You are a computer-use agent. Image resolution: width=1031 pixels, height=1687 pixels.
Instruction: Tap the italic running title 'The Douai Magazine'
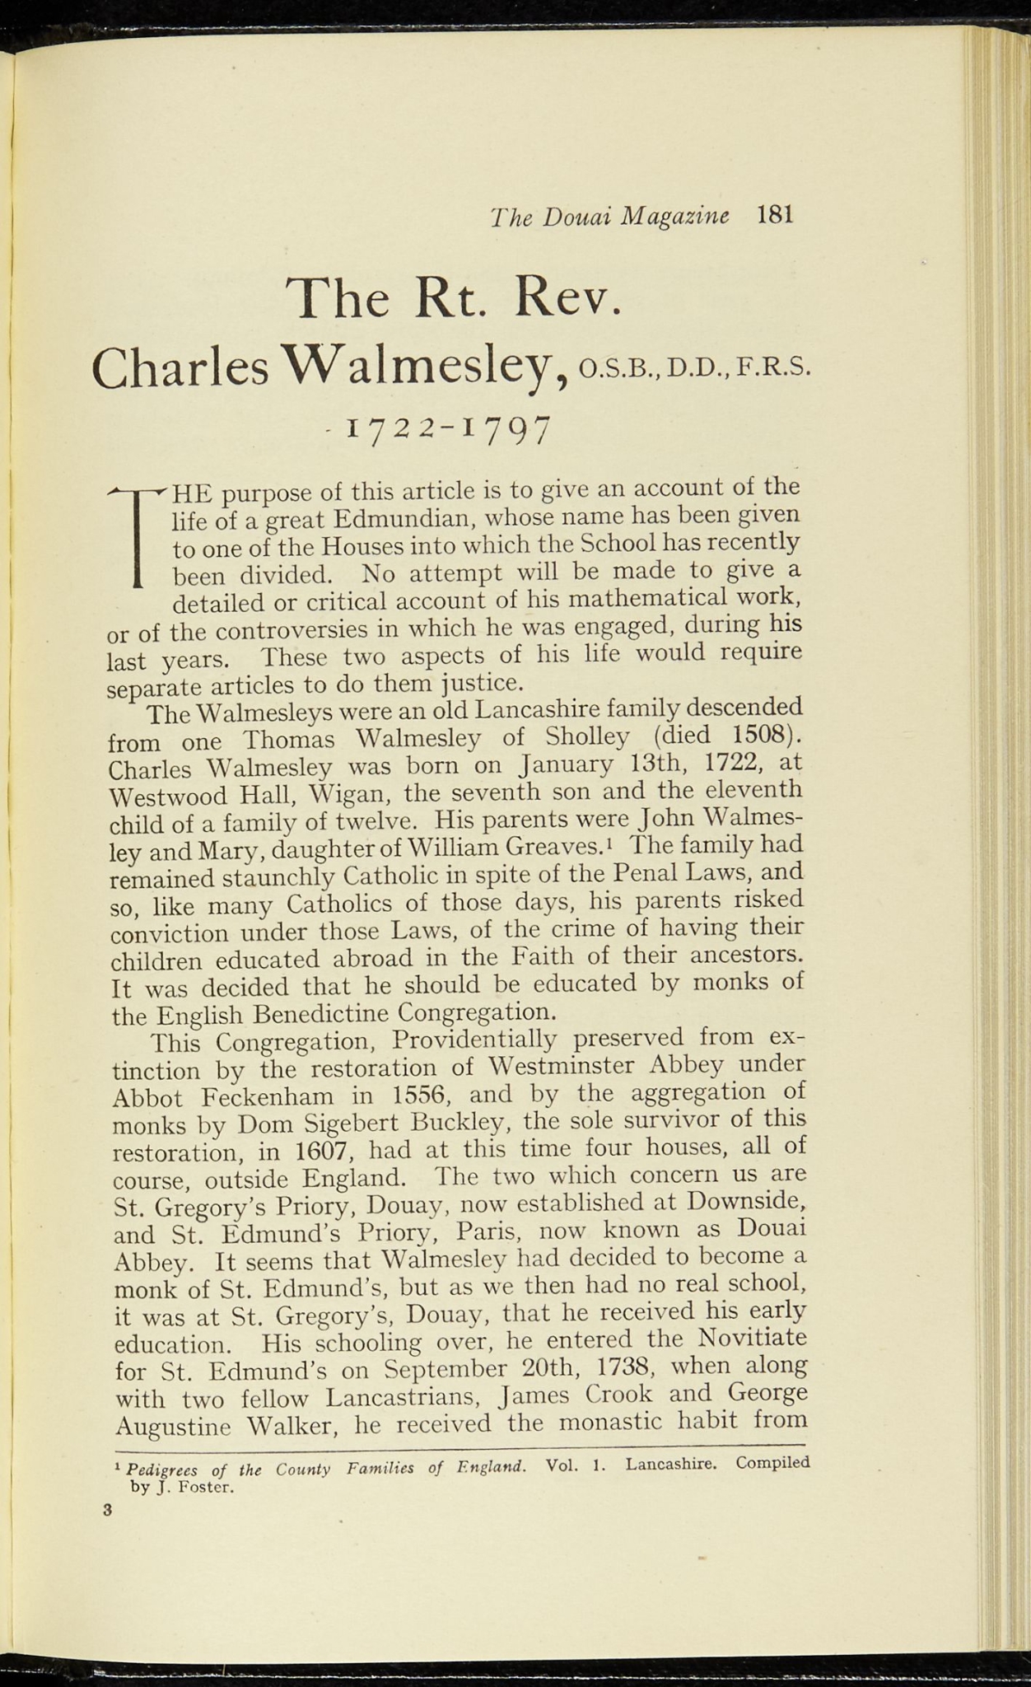(609, 217)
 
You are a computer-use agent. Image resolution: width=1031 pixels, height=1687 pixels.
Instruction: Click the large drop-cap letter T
(138, 535)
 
